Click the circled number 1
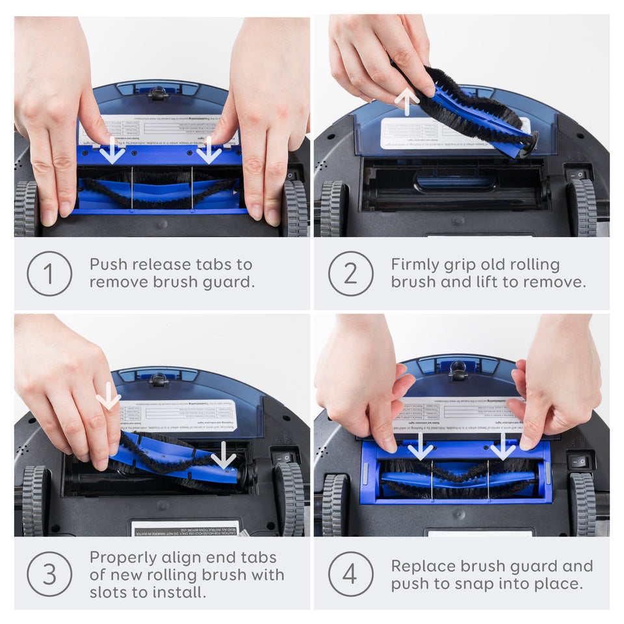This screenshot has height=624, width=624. tap(49, 274)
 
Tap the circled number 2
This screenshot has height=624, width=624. tap(350, 274)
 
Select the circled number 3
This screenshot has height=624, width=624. tap(49, 574)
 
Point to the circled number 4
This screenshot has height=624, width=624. tap(350, 574)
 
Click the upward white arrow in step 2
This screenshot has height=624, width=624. tap(407, 101)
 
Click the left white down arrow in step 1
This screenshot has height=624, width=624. tap(112, 150)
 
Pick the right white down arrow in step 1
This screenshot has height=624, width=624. tap(209, 150)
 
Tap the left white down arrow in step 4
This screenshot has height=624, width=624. tap(420, 447)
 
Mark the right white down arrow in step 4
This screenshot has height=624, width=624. tap(502, 447)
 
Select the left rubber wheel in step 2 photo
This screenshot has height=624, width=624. tap(332, 208)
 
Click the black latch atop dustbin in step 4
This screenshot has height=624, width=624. tap(458, 370)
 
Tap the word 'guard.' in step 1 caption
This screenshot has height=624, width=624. tap(232, 282)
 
